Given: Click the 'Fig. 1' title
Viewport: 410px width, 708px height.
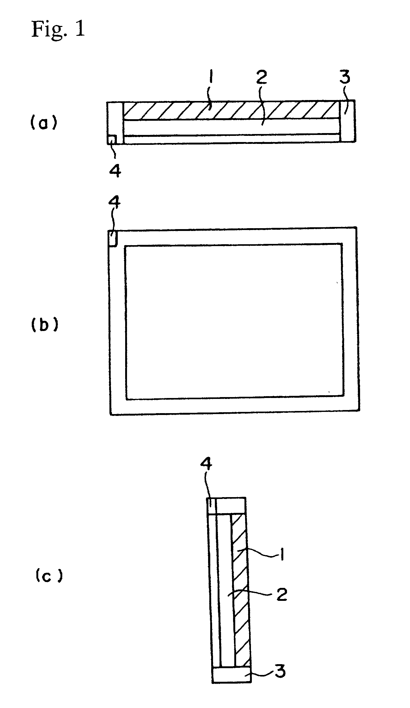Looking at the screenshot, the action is [58, 30].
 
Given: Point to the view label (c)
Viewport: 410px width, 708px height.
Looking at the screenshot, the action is [47, 576].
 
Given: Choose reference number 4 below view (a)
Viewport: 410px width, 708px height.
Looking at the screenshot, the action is [115, 170].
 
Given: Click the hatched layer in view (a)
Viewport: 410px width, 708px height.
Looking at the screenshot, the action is [231, 110].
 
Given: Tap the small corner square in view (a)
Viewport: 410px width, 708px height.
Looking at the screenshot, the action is [112, 140].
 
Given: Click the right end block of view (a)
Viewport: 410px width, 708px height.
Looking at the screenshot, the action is [348, 121].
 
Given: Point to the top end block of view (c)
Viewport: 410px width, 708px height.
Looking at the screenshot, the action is [231, 505].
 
